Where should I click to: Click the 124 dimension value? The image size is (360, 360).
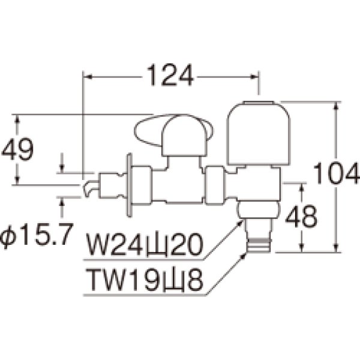click(x=170, y=75)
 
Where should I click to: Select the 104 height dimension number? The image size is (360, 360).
click(x=336, y=173)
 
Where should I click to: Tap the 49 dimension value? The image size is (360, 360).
click(x=17, y=149)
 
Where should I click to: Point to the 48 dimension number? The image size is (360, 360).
click(x=301, y=216)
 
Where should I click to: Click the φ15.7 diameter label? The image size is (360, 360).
click(x=37, y=235)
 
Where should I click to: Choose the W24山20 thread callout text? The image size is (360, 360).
click(x=145, y=245)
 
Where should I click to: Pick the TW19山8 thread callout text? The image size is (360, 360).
click(x=145, y=280)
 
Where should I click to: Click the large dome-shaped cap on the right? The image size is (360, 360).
click(x=259, y=133)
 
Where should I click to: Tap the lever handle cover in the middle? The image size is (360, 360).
click(x=184, y=136)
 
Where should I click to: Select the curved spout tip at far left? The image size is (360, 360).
click(x=88, y=188)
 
